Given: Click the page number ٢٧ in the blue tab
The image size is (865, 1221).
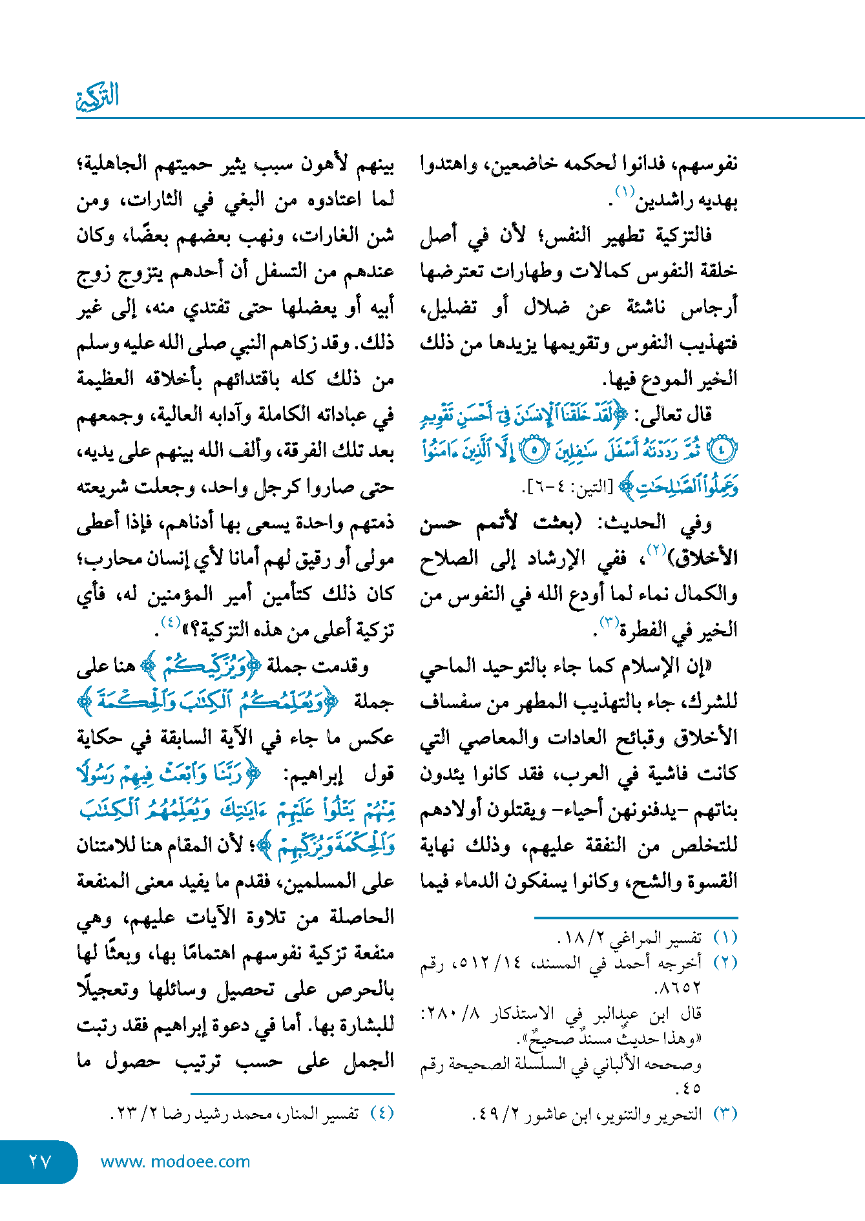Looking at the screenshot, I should click(39, 1161).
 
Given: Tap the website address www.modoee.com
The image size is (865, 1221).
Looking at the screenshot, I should click(175, 1161).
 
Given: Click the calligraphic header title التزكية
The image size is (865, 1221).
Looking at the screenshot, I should click(98, 97).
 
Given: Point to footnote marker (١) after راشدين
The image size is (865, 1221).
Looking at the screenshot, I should click(625, 191).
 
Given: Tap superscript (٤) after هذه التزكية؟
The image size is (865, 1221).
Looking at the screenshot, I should click(170, 622).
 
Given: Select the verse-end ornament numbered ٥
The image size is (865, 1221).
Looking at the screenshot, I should click(534, 451).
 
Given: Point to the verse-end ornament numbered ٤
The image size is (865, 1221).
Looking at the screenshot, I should click(722, 451).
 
